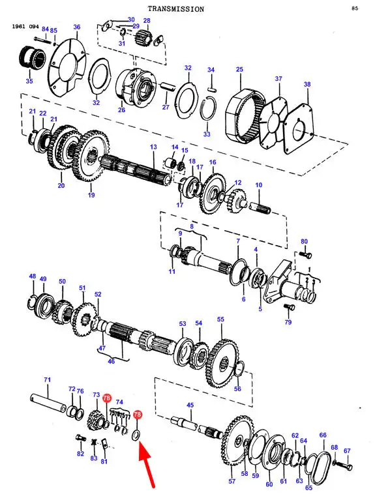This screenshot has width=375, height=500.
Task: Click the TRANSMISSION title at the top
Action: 176,9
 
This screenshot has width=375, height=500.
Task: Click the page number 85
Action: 355,8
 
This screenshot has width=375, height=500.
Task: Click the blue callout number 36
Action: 77,27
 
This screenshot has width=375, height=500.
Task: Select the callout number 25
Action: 240,69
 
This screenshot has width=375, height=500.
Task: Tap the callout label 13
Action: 153,147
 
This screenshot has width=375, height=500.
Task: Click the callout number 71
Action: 47,380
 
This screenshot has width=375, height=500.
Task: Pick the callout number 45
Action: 190,405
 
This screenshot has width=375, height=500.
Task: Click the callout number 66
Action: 323,435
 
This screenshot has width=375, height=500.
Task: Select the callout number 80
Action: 304,241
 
